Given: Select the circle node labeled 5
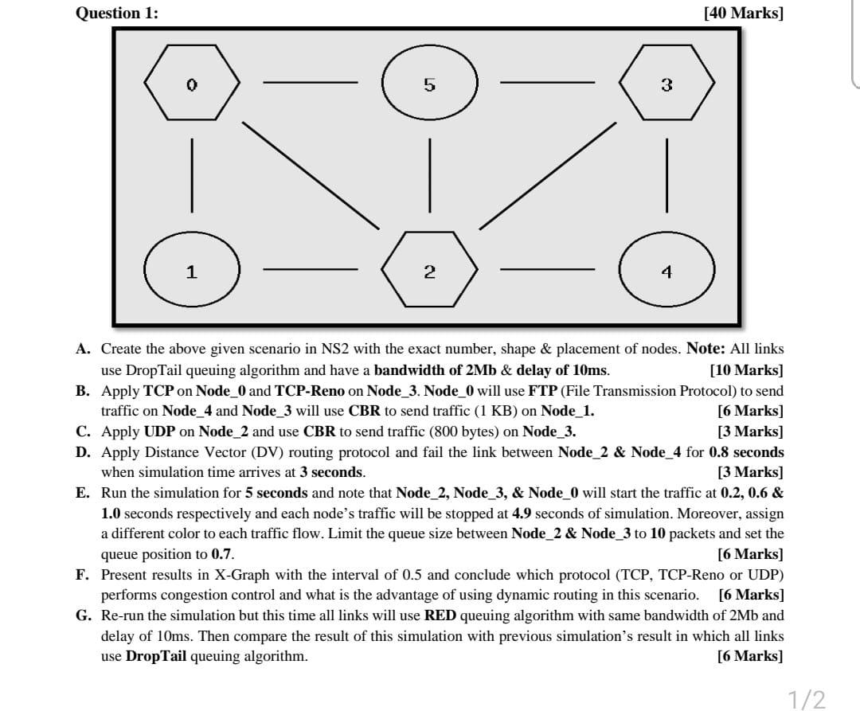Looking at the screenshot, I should click(430, 84).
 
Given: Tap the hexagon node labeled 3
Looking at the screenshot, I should click(667, 84).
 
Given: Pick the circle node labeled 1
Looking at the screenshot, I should click(192, 272).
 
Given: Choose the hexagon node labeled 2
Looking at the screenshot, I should click(430, 272).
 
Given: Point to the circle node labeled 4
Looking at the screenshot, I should click(667, 272).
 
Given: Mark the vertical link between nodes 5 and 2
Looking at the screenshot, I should click(430, 175).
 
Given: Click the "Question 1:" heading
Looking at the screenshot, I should click(116, 13).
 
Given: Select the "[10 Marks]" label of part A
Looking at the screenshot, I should click(745, 370).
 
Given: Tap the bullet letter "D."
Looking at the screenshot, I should click(83, 452).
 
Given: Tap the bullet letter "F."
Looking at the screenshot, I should click(83, 574).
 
